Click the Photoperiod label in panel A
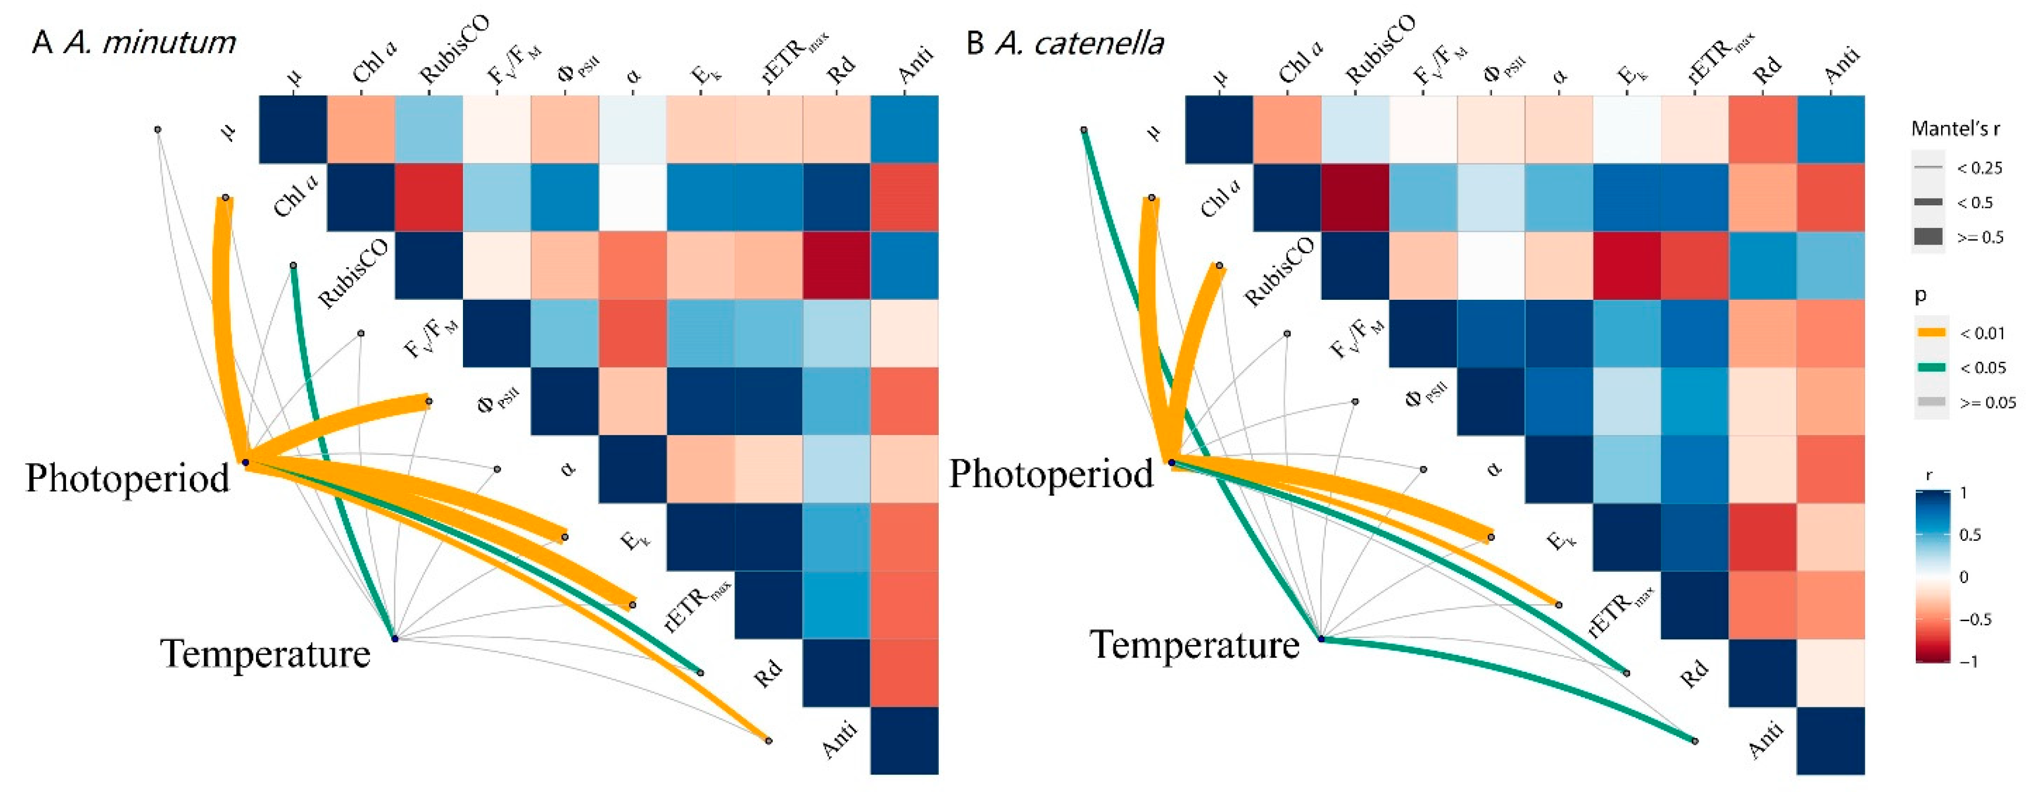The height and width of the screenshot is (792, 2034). pyautogui.click(x=128, y=478)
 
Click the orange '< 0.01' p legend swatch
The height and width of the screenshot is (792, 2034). pyautogui.click(x=1931, y=332)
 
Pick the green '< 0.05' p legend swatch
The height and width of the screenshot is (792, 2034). pyautogui.click(x=1931, y=367)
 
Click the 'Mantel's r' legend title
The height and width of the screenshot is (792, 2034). pyautogui.click(x=1955, y=128)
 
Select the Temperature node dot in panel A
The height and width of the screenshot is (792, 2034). pyautogui.click(x=395, y=638)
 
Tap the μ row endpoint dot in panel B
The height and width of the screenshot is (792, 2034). pyautogui.click(x=1084, y=130)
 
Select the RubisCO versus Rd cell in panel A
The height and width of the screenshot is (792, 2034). pyautogui.click(x=837, y=265)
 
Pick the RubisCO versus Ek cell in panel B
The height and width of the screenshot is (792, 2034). pyautogui.click(x=1627, y=265)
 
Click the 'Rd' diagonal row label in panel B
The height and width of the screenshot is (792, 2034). pyautogui.click(x=1694, y=673)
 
